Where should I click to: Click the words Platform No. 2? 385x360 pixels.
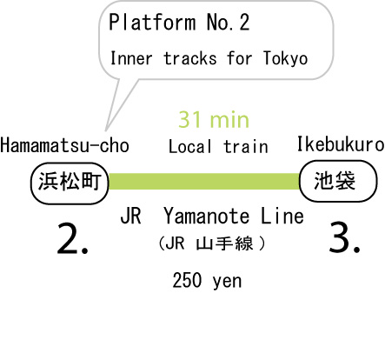coord(179,23)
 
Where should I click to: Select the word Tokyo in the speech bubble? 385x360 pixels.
coord(285,58)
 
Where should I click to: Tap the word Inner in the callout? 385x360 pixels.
coord(131,58)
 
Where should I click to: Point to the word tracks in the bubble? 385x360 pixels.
coord(190,58)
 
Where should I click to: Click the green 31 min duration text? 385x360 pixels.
coord(214,119)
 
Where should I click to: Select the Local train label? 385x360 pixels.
coord(218,146)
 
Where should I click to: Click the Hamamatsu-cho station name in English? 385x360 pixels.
coord(64,145)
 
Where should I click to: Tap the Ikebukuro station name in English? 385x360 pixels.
coord(341,143)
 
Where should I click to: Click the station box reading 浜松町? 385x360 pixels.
coord(70,183)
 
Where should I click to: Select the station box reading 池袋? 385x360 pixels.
coord(338,181)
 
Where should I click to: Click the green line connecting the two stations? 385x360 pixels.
coord(203,181)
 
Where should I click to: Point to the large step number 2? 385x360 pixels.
coord(72,239)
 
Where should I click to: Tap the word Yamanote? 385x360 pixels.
coord(207,217)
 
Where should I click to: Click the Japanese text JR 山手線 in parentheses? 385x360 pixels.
coord(212,243)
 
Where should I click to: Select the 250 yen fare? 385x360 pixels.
coord(207,281)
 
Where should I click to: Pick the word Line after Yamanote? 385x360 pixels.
coord(282,217)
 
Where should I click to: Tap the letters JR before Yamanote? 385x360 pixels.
coord(131,217)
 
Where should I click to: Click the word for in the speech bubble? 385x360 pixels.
coord(240,58)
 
